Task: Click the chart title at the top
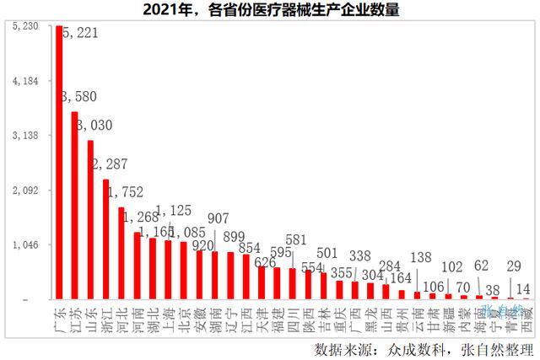269,10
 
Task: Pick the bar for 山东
90,219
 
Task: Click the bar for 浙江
105,239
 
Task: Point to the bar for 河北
121,253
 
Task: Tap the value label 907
216,217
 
